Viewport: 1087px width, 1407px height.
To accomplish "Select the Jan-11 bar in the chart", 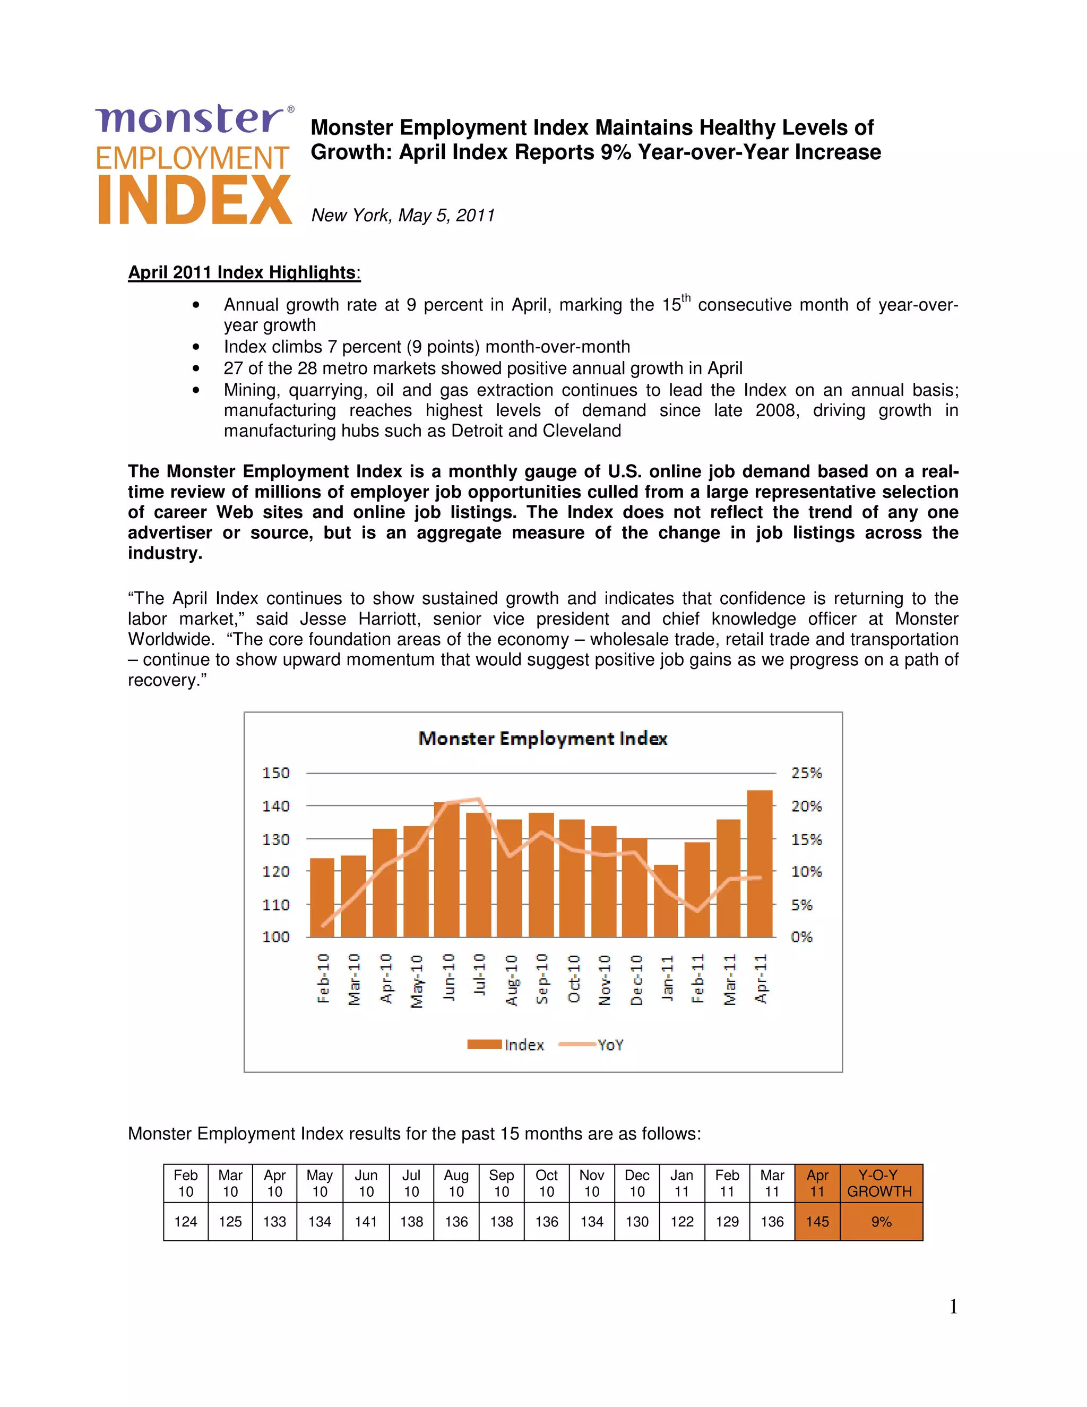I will pyautogui.click(x=666, y=902).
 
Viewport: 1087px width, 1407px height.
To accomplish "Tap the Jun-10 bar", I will pyautogui.click(x=447, y=870).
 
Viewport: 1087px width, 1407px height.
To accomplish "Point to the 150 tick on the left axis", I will pyautogui.click(x=275, y=773).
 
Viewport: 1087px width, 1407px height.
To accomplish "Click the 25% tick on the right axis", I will pyautogui.click(x=806, y=773).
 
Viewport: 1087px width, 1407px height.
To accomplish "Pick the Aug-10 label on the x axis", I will pyautogui.click(x=511, y=979).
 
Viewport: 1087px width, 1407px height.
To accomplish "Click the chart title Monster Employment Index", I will pyautogui.click(x=543, y=739).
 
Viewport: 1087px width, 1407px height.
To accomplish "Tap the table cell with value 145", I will pyautogui.click(x=817, y=1222).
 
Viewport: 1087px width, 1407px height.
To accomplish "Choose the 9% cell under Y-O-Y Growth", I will pyautogui.click(x=881, y=1222).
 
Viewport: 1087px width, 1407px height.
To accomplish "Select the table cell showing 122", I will pyautogui.click(x=682, y=1222).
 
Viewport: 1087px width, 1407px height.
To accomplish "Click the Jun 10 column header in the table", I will pyautogui.click(x=366, y=1183).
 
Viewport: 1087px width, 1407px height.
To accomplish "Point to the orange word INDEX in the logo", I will pyautogui.click(x=194, y=200).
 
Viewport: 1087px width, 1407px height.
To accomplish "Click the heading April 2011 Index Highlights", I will pyautogui.click(x=244, y=272).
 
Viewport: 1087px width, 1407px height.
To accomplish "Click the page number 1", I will pyautogui.click(x=953, y=1307).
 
